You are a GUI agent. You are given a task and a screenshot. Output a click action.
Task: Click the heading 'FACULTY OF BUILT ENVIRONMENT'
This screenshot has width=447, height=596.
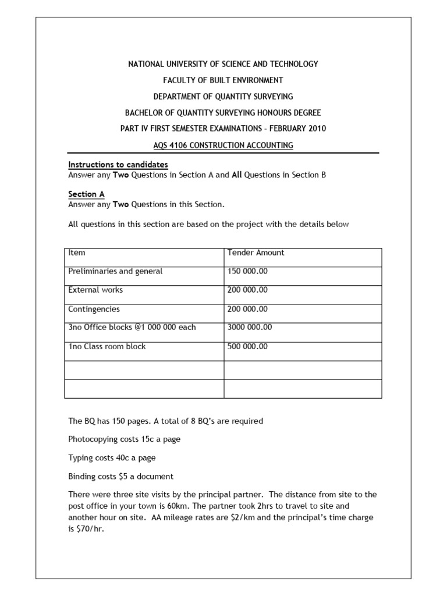pos(223,80)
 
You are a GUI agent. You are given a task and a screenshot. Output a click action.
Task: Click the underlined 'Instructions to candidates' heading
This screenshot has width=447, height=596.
pos(118,165)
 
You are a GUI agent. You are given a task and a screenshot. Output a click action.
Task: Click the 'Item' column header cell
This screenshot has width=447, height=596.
pos(77,253)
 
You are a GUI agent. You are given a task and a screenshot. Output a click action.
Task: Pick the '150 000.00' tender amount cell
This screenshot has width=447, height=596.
pos(247,271)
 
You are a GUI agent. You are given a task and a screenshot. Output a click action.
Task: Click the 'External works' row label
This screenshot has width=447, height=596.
pos(95,290)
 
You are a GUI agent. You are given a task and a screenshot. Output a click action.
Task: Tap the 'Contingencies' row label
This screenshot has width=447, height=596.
pos(94,309)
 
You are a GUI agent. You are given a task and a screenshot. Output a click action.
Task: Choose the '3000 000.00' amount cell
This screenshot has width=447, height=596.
pos(250,327)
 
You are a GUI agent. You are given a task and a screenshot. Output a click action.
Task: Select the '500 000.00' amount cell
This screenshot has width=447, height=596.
pos(247,346)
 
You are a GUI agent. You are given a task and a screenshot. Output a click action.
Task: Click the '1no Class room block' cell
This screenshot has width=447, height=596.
pos(107,346)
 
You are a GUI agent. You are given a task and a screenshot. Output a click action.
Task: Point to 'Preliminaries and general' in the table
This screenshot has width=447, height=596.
pos(115,271)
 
